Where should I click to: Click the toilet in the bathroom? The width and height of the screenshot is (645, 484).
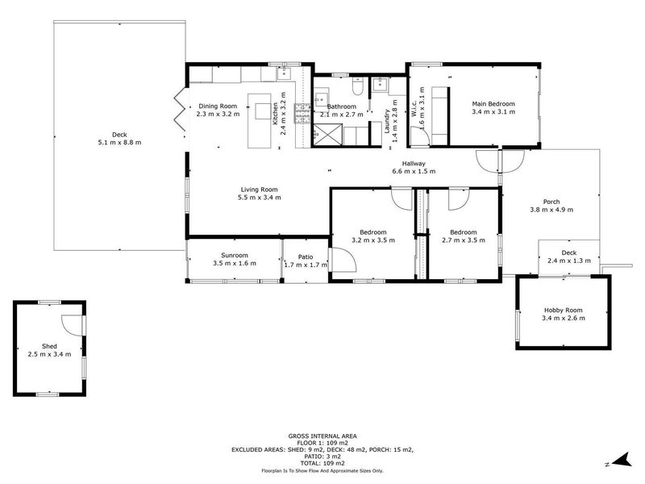pos(357,86)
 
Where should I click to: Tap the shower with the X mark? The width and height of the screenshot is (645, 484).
pos(327,134)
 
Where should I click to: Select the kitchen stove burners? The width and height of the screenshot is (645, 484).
pos(302,114)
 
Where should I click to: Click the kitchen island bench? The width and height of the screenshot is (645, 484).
pos(259,120)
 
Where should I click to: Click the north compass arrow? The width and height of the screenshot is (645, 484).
pos(622,459)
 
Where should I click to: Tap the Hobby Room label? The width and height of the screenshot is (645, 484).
pos(563,311)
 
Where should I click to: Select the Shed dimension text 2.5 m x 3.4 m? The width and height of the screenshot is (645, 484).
pos(49,354)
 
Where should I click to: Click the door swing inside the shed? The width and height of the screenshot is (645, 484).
pos(73,325)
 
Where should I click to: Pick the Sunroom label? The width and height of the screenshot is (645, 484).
pos(235,255)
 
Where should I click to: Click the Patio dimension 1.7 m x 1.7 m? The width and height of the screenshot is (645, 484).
pos(306,265)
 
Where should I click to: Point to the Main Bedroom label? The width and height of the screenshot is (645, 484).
pos(493,104)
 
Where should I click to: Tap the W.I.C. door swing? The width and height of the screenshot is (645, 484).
pos(420,136)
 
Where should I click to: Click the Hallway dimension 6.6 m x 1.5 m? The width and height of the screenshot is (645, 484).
pos(414,171)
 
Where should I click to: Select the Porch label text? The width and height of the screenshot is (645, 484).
pos(551,202)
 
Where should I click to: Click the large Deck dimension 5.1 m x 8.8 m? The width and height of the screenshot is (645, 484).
pos(119,143)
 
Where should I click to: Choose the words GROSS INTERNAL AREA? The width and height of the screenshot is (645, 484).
pos(322,436)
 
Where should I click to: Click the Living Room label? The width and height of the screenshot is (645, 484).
pos(259,190)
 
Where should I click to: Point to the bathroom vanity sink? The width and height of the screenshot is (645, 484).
pos(321,99)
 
